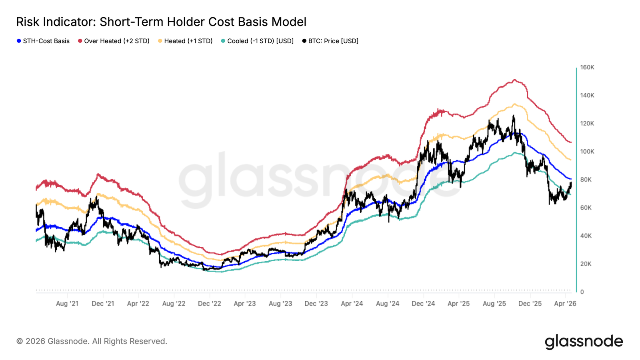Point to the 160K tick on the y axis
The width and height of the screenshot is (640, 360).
(x=587, y=67)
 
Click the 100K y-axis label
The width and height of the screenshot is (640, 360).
(x=587, y=152)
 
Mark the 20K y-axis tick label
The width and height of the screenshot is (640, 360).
(x=586, y=264)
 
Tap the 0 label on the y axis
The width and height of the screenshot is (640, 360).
(x=582, y=292)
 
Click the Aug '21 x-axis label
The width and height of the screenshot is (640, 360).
(x=67, y=304)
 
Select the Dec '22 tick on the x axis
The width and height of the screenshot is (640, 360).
(x=209, y=304)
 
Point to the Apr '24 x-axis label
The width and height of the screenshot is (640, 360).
(x=352, y=304)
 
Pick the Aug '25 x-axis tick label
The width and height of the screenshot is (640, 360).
(x=494, y=304)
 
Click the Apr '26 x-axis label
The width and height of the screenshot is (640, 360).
(x=565, y=304)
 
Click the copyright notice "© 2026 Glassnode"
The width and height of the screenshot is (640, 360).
(x=92, y=341)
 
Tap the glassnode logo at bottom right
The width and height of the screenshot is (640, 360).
(x=584, y=342)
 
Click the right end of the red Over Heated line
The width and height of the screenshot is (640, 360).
(x=571, y=142)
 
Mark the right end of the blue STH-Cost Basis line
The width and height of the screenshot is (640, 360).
(x=571, y=179)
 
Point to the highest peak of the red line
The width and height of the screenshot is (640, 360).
(x=514, y=80)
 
